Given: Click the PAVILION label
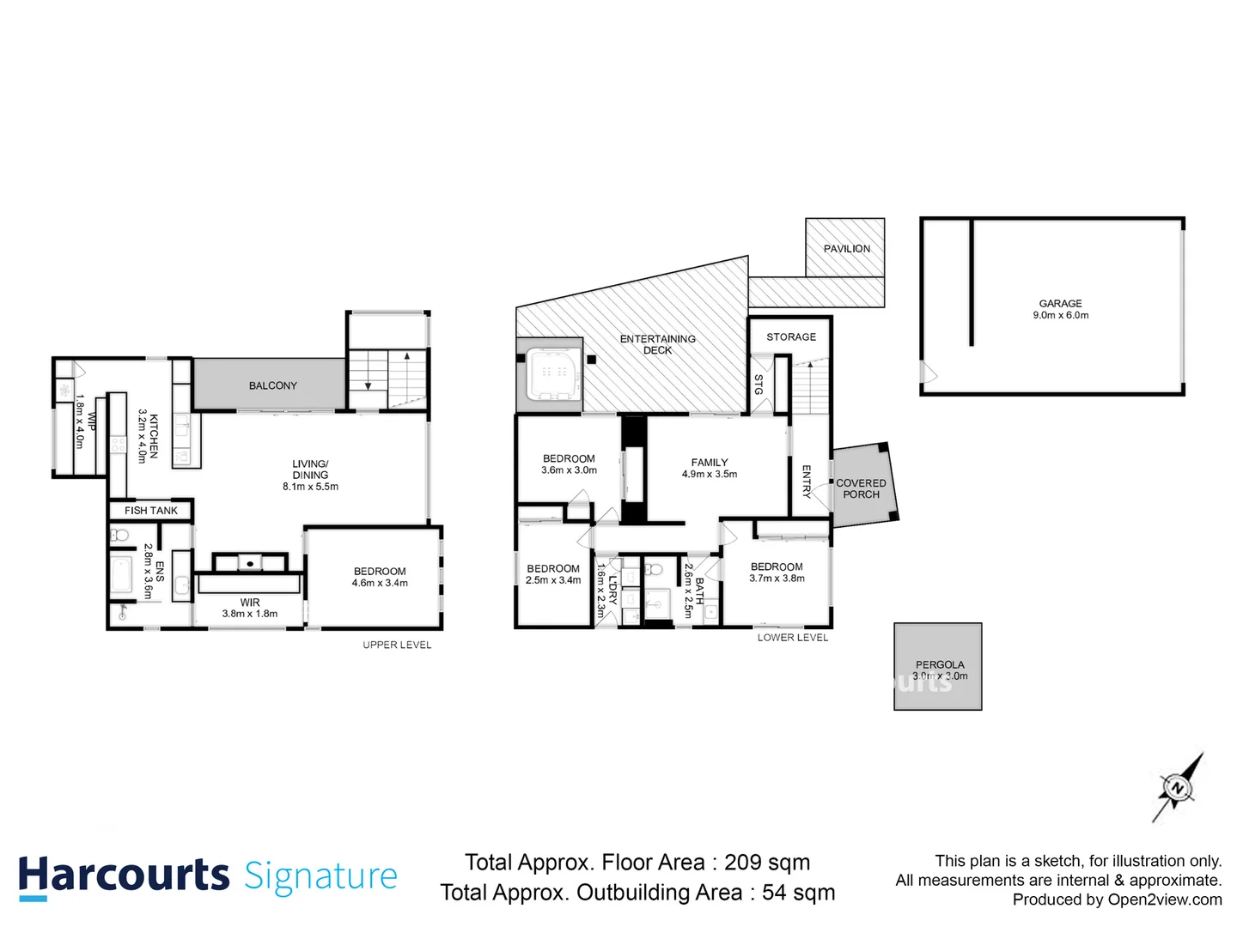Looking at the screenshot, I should pyautogui.click(x=846, y=249).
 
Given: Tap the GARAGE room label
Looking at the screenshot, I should pyautogui.click(x=1060, y=304).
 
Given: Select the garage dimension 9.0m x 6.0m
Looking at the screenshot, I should pyautogui.click(x=1060, y=316).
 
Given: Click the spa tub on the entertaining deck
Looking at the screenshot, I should pyautogui.click(x=551, y=374).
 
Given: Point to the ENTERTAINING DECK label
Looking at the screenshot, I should pyautogui.click(x=657, y=344).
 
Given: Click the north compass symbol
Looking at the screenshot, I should pyautogui.click(x=1176, y=788).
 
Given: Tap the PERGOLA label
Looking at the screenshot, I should pyautogui.click(x=939, y=664).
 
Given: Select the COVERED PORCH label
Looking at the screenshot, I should pyautogui.click(x=861, y=489).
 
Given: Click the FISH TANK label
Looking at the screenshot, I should pyautogui.click(x=151, y=511).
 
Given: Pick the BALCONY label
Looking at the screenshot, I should pyautogui.click(x=272, y=386).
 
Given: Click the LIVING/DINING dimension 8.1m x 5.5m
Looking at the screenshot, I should pyautogui.click(x=310, y=487).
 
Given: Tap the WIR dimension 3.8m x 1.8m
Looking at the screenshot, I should pyautogui.click(x=249, y=614).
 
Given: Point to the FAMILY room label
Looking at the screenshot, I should pyautogui.click(x=709, y=463).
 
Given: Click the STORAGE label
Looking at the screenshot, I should pyautogui.click(x=791, y=337).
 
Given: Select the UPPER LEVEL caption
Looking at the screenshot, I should pyautogui.click(x=397, y=645).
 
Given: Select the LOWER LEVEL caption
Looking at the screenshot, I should pyautogui.click(x=792, y=638).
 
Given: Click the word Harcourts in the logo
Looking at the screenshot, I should pyautogui.click(x=124, y=875).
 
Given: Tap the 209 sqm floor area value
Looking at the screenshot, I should pyautogui.click(x=766, y=863).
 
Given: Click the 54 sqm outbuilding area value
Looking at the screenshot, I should pyautogui.click(x=798, y=893).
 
